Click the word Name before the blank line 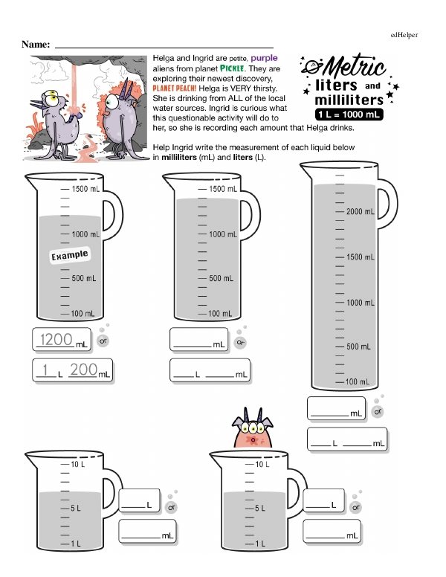pos(36,45)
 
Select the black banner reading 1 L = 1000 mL pos(348,115)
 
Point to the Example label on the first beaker pos(69,256)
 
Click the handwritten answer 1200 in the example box pos(56,340)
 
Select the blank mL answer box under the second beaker pos(198,341)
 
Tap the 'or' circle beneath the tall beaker pos(378,410)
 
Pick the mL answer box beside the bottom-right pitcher pos(332,532)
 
